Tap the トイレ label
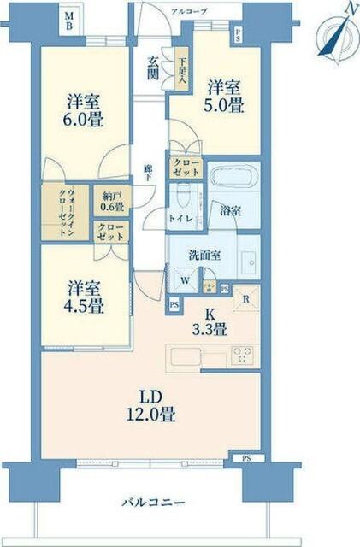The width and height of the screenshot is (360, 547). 180,218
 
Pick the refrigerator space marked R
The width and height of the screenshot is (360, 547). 246,299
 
